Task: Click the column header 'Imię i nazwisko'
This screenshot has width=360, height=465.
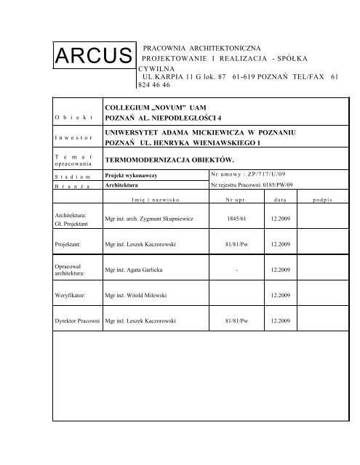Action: click(x=156, y=199)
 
